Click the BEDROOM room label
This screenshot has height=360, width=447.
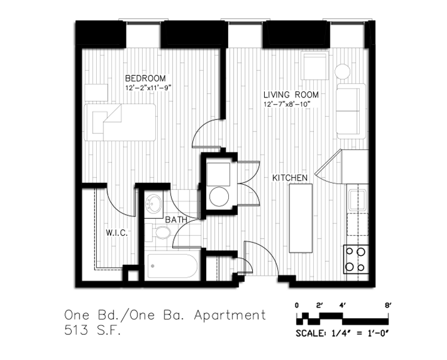[145, 78]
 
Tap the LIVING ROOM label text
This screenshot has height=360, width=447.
[291, 94]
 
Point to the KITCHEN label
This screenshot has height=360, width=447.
[290, 178]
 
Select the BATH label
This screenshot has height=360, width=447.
[176, 219]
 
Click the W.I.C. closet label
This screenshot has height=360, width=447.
[117, 233]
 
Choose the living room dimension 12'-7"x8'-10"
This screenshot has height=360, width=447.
[286, 104]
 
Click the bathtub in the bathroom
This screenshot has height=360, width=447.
[172, 266]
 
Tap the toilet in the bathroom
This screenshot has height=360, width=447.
[158, 233]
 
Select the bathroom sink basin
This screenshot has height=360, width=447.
[154, 204]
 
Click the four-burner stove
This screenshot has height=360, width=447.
[356, 260]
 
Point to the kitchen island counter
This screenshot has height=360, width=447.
[301, 218]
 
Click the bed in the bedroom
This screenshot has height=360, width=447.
[120, 123]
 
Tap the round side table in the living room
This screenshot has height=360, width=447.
[342, 71]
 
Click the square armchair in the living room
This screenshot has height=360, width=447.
[315, 66]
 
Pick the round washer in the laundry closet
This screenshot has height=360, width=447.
[219, 197]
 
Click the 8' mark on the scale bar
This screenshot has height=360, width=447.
[388, 306]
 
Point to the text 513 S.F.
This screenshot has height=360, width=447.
[93, 331]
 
